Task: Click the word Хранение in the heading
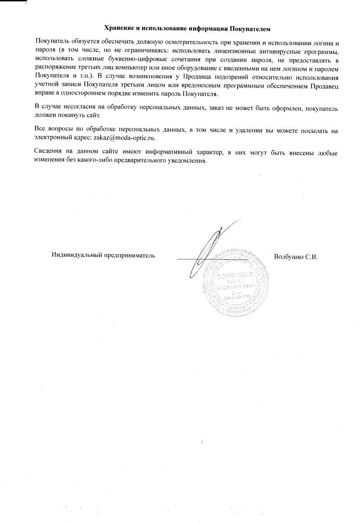tap(117, 28)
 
